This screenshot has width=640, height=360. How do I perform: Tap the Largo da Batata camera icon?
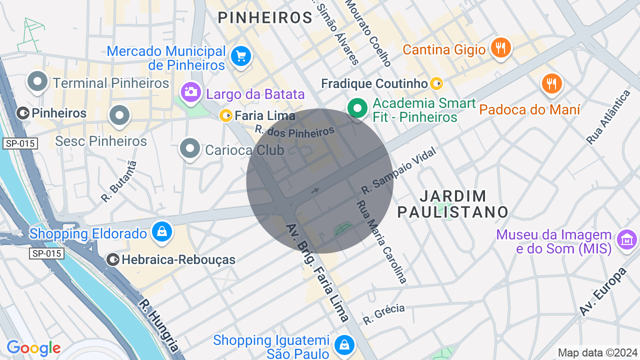(x=190, y=92)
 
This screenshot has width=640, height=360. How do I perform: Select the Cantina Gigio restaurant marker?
(x=500, y=48)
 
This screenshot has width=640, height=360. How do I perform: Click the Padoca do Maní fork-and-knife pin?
(x=551, y=84)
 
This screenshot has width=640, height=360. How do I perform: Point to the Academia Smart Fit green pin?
(x=357, y=108)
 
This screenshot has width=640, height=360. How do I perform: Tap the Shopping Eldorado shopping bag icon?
(x=162, y=232)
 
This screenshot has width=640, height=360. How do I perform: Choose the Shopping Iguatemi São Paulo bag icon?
(x=344, y=344)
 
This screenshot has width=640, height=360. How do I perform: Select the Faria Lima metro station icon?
(x=226, y=116)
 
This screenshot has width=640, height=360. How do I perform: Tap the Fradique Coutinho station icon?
(x=437, y=83)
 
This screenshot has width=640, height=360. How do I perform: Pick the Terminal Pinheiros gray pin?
(x=37, y=81)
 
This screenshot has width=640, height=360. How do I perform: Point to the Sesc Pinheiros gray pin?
(x=119, y=115)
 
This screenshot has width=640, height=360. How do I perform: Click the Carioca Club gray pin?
(x=190, y=148)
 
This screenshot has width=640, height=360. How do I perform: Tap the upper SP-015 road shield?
(x=20, y=144)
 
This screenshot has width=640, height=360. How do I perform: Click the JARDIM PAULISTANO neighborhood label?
(x=452, y=203)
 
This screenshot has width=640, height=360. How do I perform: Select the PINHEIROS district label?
(x=265, y=18)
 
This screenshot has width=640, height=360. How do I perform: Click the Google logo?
(x=33, y=348)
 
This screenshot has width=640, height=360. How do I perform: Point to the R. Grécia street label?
(x=384, y=313)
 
